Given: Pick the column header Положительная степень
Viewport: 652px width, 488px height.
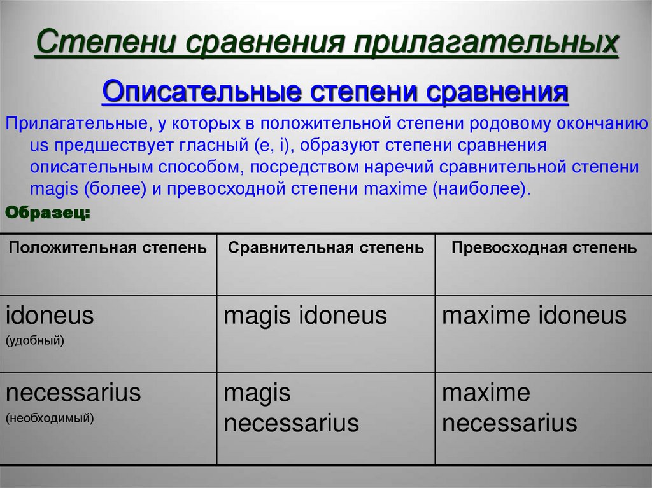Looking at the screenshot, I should tap(108, 248).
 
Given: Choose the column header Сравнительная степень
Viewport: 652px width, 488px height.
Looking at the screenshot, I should tap(326, 248).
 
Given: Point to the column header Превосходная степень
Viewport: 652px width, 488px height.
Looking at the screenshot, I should tap(544, 248).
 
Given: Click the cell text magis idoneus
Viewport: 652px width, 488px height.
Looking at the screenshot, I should tap(306, 316).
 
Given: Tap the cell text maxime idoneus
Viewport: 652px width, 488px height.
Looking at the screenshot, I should tap(534, 316).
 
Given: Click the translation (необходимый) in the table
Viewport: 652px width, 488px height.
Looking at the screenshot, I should tap(50, 418).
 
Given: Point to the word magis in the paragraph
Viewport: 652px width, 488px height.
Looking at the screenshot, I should tap(52, 189).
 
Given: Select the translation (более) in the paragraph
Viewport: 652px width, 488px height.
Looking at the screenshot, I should tap(105, 189).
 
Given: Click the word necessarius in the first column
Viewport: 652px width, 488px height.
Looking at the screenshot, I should tap(73, 393).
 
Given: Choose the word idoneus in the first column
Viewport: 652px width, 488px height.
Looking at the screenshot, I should tap(50, 316).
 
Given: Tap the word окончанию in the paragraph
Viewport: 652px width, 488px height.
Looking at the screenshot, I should tap(600, 123).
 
